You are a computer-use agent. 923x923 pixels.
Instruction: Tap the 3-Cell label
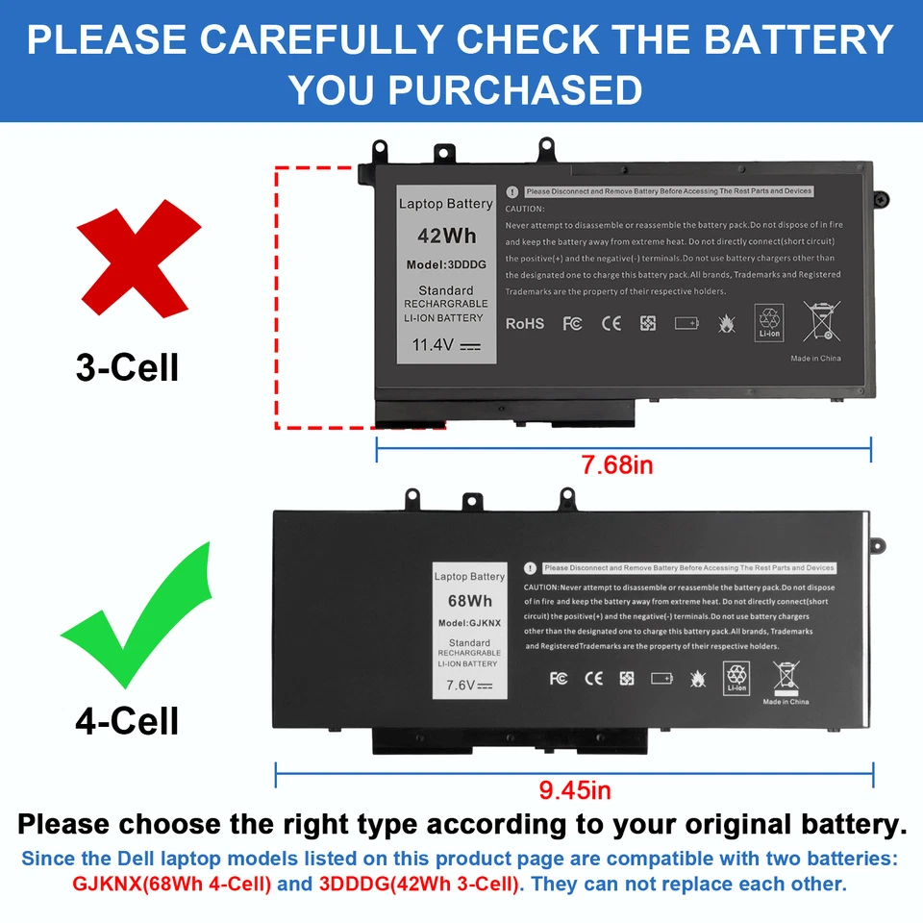point(128,366)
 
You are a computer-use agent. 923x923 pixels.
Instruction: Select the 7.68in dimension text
point(617,465)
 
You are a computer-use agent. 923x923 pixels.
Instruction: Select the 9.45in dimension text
point(575,791)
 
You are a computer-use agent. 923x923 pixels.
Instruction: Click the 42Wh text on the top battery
point(445,236)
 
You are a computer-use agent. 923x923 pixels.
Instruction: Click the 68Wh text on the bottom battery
point(469,601)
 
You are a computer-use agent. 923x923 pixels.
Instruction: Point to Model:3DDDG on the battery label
point(446,264)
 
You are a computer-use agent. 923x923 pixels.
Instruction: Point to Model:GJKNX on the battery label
point(469,623)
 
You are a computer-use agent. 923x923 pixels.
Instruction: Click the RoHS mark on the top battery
point(525,324)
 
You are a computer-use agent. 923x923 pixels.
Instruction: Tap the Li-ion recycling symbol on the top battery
point(769,321)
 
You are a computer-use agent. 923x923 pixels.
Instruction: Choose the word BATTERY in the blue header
point(799,39)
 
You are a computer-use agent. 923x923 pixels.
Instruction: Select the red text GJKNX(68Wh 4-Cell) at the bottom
point(171,884)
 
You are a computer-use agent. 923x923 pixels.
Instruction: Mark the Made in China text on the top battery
point(815,359)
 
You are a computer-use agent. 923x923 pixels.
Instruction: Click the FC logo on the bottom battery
point(559,679)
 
